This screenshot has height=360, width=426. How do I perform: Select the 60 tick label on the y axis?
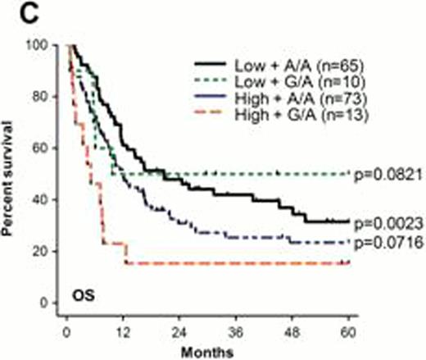click(x=47, y=148)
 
